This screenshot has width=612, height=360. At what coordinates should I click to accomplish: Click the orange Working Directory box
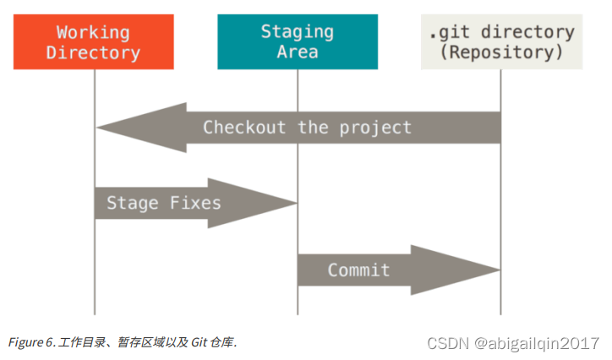(x=94, y=41)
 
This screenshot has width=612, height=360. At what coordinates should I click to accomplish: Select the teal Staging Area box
(x=298, y=41)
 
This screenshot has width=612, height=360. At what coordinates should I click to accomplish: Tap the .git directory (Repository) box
(x=501, y=41)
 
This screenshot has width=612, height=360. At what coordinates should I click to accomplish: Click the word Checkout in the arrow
(x=244, y=127)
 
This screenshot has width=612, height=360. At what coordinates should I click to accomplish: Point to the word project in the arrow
(x=375, y=128)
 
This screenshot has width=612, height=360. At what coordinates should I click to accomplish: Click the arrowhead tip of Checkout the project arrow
(x=96, y=127)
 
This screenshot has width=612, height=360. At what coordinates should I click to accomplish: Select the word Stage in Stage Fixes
(x=133, y=203)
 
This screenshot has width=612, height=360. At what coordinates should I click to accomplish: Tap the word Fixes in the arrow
(x=195, y=203)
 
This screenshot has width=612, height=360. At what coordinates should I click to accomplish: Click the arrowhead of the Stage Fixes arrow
(x=253, y=203)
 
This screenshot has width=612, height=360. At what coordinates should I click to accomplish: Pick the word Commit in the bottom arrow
(x=358, y=270)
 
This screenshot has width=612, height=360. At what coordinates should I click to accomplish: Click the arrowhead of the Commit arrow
(x=456, y=270)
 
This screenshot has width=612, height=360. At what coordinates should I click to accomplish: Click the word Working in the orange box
(x=93, y=33)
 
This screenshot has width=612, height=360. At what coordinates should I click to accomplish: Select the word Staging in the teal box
(x=298, y=32)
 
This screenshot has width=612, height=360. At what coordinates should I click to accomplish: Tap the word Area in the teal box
(x=298, y=52)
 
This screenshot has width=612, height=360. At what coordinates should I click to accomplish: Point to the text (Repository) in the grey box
(x=501, y=52)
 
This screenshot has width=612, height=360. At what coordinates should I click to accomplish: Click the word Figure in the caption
(x=25, y=342)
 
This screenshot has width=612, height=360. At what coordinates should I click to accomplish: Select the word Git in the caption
(x=199, y=342)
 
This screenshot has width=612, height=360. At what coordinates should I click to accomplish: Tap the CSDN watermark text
(x=448, y=344)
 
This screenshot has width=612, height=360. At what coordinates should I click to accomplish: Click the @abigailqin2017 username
(x=537, y=344)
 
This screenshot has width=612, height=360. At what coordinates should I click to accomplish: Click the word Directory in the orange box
(x=93, y=53)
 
